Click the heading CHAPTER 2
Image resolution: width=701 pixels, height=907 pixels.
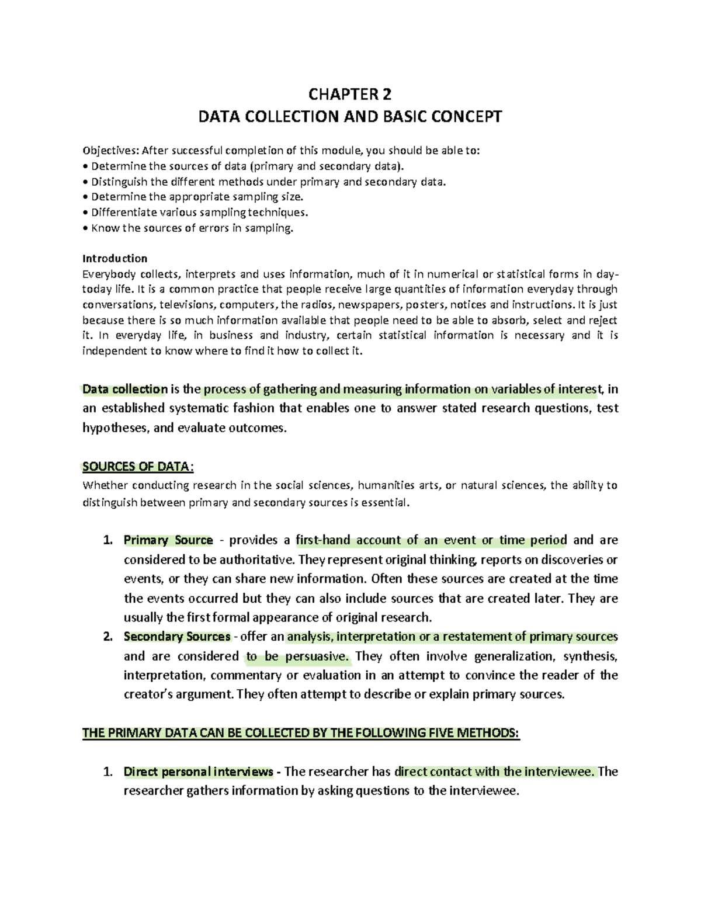point(350,94)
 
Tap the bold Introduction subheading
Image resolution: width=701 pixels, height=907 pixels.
point(114,258)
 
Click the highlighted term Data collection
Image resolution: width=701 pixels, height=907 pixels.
point(125,389)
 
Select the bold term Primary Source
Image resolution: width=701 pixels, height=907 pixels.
point(168,540)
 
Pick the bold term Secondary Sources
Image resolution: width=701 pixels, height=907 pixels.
point(177,637)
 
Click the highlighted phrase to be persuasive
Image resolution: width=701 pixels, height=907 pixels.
point(297,656)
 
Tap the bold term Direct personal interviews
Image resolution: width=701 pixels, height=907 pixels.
point(199,772)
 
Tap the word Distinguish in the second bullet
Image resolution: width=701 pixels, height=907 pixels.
point(120,182)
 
